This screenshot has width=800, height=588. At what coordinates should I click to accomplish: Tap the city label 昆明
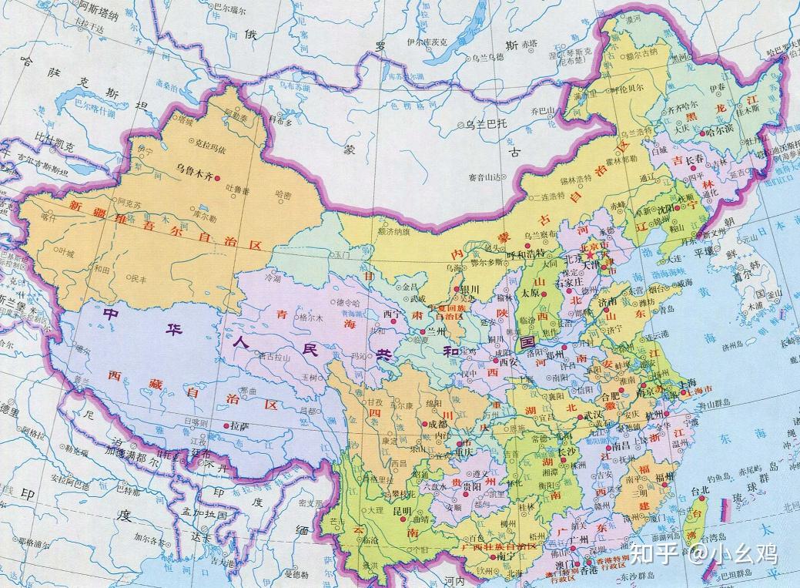[402, 511]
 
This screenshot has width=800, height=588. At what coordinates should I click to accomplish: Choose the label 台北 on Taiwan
[690, 489]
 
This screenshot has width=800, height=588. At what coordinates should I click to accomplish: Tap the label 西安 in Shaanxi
[509, 361]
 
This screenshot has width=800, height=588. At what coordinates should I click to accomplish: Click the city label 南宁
[505, 555]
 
